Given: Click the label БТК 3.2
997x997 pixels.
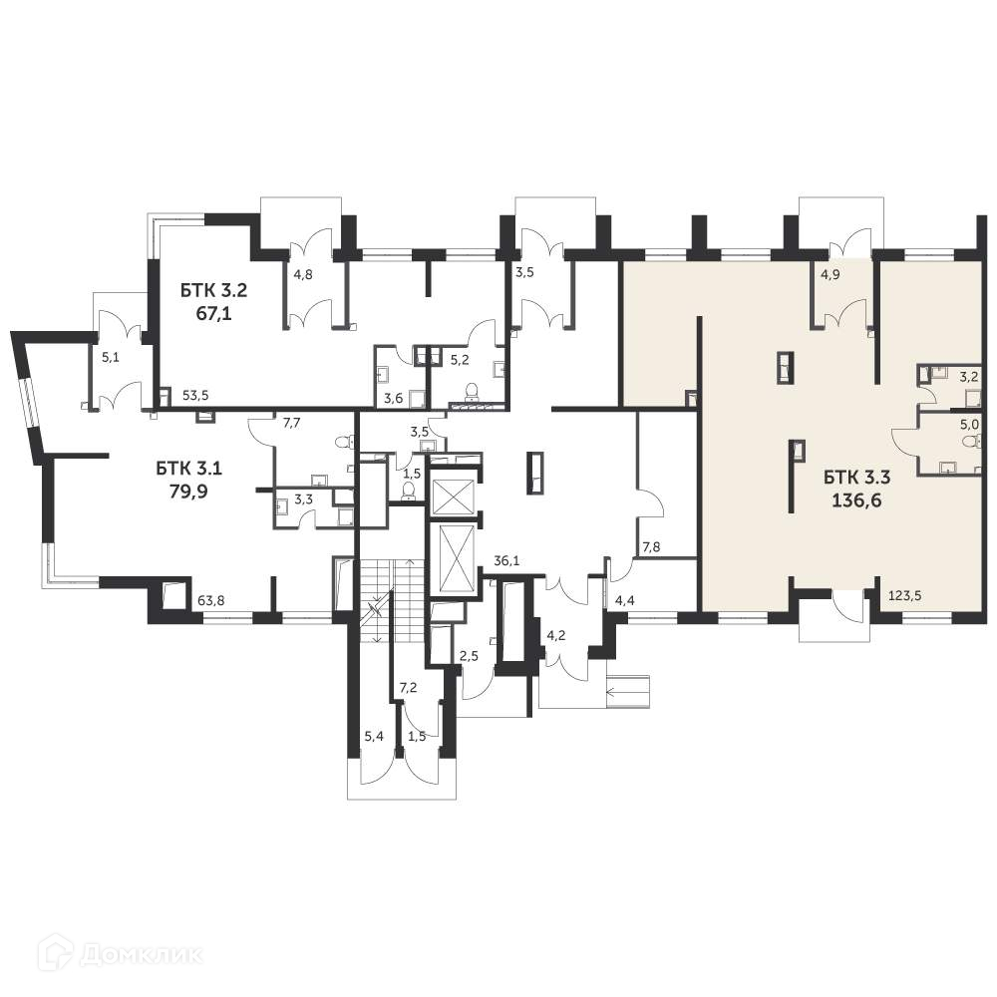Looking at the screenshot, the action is pyautogui.click(x=213, y=291).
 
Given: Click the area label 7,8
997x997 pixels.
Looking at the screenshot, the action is pyautogui.click(x=650, y=547).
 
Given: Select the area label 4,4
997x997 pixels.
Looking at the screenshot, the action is pyautogui.click(x=625, y=600).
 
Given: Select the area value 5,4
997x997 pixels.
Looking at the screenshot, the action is pyautogui.click(x=374, y=736).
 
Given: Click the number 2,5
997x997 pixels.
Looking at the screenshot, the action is pyautogui.click(x=469, y=655).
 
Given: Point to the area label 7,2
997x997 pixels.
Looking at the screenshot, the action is pyautogui.click(x=409, y=688).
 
